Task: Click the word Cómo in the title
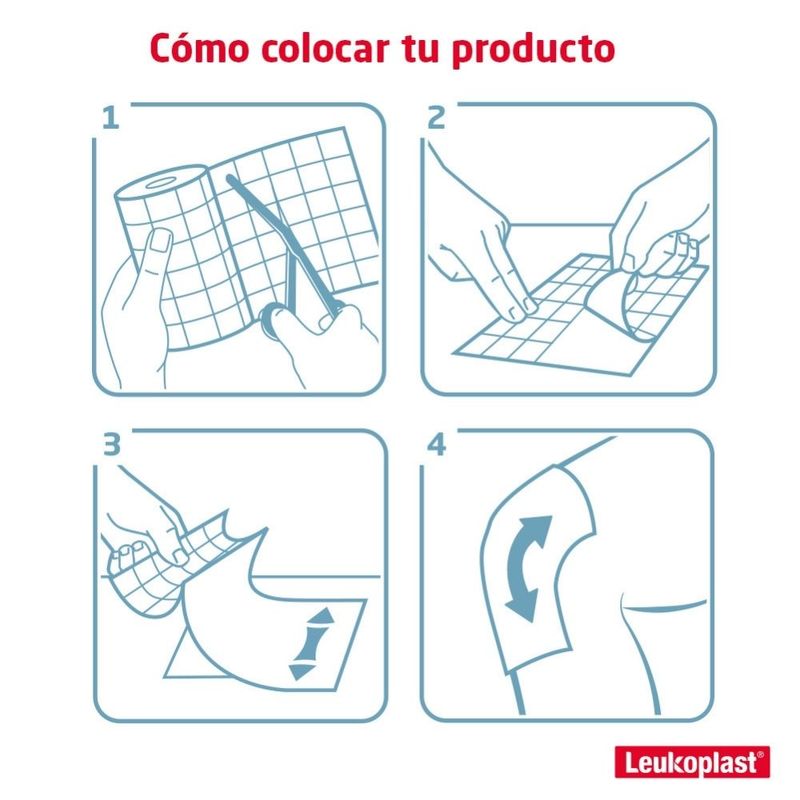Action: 199,48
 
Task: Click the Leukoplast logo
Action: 692,762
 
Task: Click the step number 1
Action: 111,118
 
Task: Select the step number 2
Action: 436,118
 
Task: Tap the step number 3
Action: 112,444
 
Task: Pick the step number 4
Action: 437,444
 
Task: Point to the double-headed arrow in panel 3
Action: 311,644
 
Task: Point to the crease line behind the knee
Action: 663,607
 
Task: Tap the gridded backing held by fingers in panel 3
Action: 168,561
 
